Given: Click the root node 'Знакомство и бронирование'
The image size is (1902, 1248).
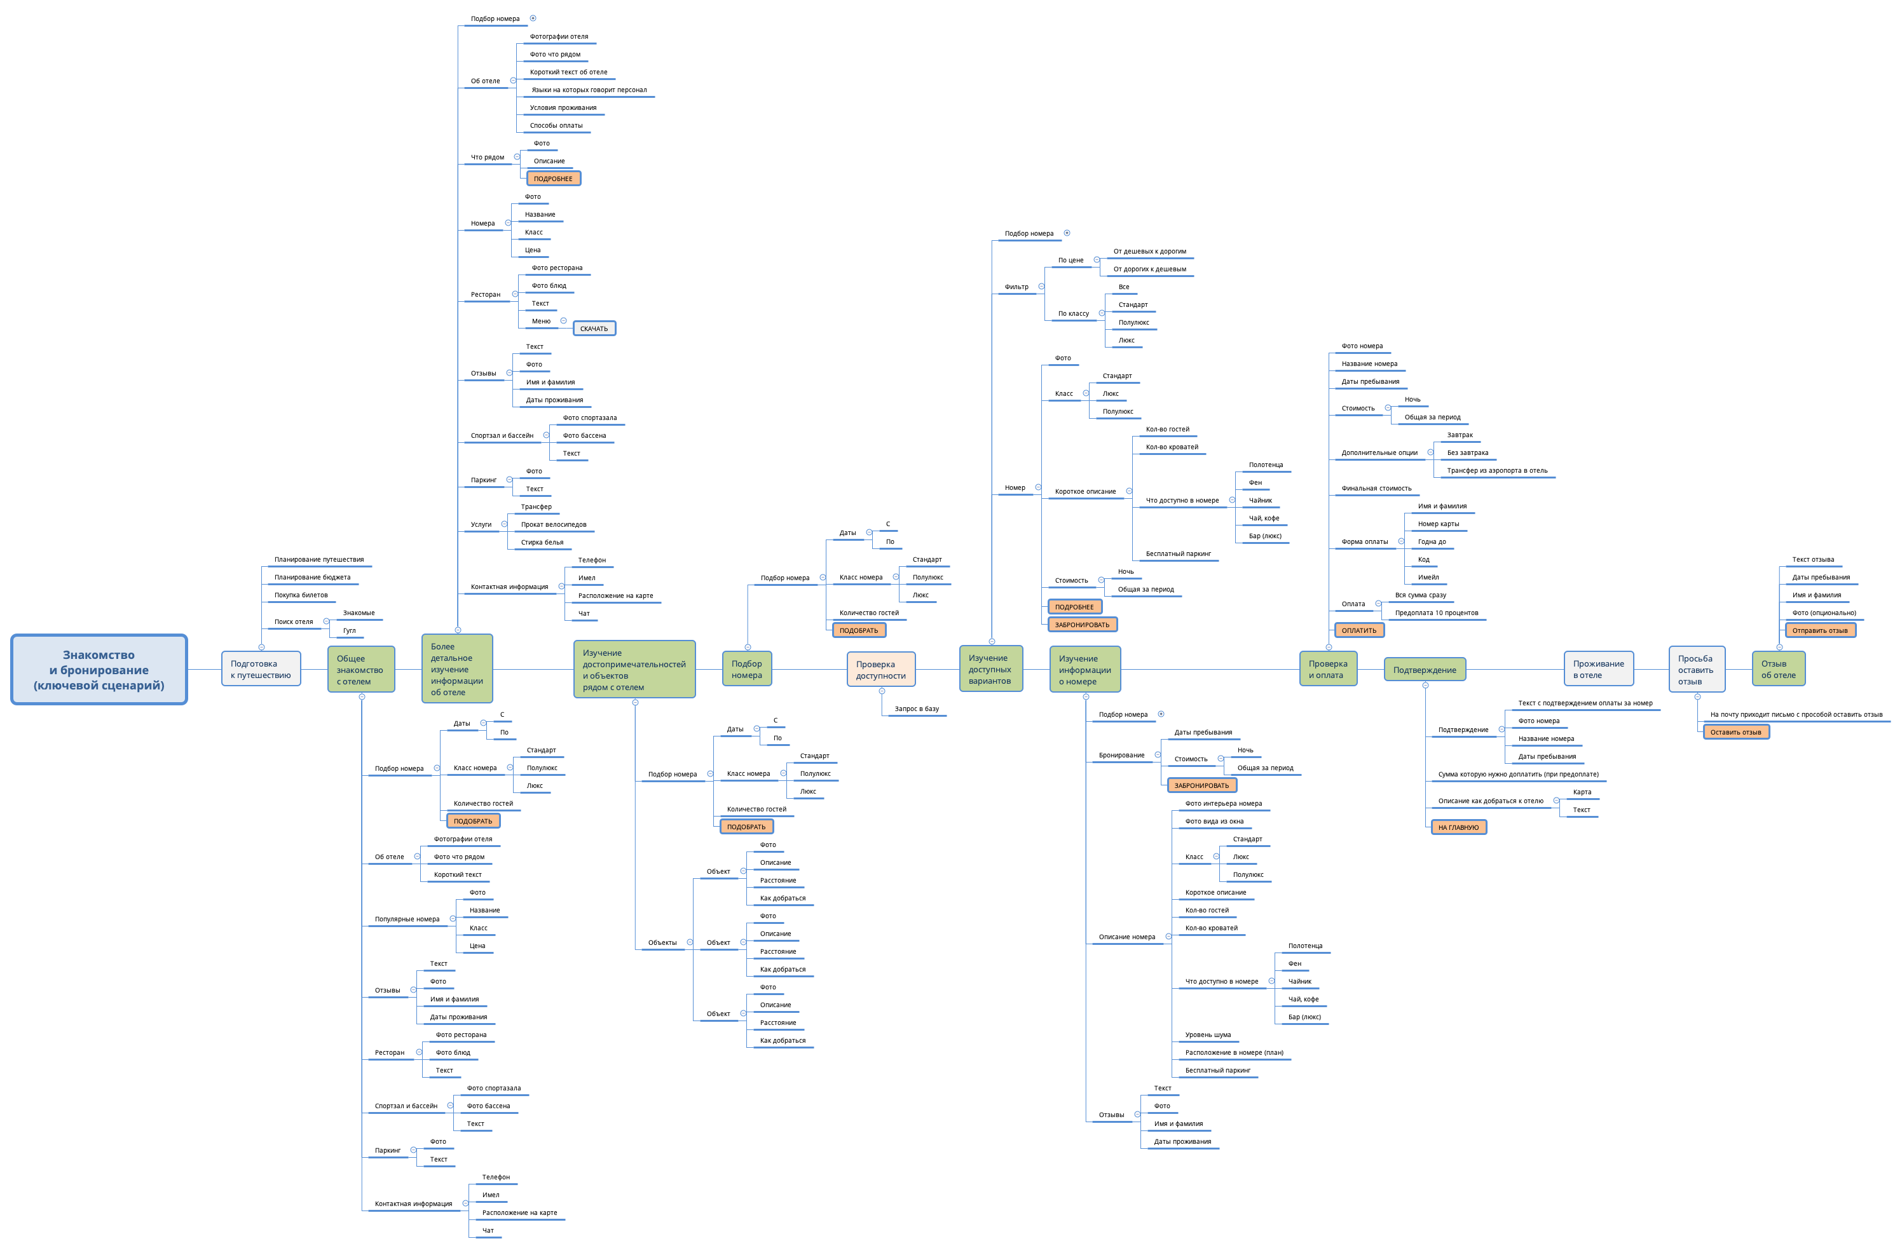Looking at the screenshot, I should coord(99,670).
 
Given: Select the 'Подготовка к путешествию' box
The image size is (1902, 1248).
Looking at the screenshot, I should coord(261,668).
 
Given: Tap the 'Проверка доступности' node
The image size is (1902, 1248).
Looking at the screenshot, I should coord(880,670).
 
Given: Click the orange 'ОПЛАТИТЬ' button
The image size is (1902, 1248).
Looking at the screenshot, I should coord(1358,630).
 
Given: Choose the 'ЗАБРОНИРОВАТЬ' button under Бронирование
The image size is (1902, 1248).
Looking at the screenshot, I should coord(1201,785).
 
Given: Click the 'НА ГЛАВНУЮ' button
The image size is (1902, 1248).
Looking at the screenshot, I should coord(1458,827).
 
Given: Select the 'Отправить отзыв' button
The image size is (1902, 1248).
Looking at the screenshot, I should coord(1820,630).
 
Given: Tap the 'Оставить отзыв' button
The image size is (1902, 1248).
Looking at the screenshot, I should coord(1736,732).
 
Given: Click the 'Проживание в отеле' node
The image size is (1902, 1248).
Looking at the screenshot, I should coord(1598,668).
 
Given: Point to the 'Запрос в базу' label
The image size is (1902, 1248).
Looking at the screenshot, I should coord(917,709).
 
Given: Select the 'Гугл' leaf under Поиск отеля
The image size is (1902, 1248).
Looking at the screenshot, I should coord(349,630).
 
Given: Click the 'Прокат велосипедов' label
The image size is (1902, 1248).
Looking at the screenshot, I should coord(554,524).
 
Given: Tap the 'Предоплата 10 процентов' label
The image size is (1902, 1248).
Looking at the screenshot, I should coord(1436,613).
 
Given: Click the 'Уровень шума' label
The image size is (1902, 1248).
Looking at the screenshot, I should coord(1208,1034).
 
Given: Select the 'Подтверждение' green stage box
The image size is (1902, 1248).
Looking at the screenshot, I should coord(1425,670).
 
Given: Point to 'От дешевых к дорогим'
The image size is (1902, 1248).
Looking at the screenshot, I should coord(1149,251).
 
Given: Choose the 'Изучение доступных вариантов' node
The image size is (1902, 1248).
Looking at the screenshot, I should coord(990,668).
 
